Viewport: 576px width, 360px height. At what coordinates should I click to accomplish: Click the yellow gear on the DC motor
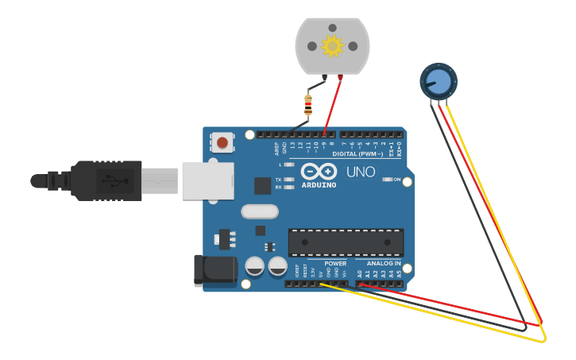point(332,46)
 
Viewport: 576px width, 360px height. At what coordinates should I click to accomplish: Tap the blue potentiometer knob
point(438,80)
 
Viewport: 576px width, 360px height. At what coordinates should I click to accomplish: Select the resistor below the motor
point(308,105)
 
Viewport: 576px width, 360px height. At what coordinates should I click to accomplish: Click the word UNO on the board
point(361,172)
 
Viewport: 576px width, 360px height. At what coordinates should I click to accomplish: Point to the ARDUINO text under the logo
point(318,185)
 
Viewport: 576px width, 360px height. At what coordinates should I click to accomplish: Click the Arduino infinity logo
point(318,172)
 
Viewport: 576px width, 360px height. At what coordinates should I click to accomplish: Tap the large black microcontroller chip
point(346,242)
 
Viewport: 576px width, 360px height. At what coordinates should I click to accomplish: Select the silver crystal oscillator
point(260,211)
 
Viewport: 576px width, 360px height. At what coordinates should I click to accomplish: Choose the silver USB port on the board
point(207,180)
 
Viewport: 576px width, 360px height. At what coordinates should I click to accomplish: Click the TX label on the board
point(279,180)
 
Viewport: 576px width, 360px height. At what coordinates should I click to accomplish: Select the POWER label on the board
point(335,263)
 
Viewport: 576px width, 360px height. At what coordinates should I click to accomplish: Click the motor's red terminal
point(341,77)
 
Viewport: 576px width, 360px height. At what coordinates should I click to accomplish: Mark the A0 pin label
point(359,273)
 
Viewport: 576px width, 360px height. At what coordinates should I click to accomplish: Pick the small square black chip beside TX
point(262,185)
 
